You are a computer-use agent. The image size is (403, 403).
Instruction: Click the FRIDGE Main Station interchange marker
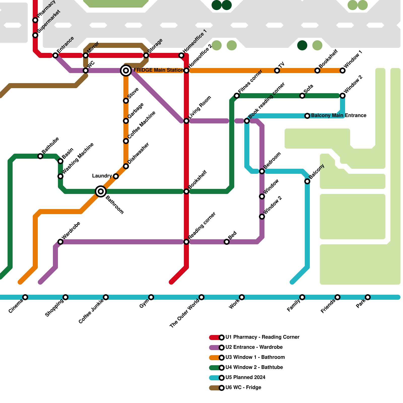(126, 71)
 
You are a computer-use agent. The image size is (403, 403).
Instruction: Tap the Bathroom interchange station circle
(101, 191)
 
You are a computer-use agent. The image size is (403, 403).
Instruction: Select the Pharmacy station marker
(35, 20)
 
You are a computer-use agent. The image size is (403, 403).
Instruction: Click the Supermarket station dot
(35, 35)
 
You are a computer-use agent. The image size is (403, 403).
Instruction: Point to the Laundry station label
(102, 176)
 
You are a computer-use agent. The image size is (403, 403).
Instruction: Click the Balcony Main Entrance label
(339, 116)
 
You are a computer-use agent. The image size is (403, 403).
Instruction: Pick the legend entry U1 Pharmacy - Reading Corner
(262, 337)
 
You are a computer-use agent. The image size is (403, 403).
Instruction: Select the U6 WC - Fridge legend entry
(243, 388)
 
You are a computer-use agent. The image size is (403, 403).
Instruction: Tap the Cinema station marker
(25, 297)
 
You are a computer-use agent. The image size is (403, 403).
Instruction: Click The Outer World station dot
(201, 297)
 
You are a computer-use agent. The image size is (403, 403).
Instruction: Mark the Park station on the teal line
(368, 297)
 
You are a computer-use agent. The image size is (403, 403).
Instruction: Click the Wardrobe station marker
(60, 242)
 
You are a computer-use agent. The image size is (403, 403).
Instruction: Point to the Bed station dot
(227, 242)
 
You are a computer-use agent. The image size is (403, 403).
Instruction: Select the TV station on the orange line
(277, 71)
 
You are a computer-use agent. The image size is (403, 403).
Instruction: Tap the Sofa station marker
(302, 96)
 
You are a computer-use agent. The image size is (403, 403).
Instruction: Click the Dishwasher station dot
(126, 166)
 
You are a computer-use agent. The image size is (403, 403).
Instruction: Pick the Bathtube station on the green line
(40, 156)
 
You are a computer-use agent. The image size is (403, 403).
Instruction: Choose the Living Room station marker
(186, 121)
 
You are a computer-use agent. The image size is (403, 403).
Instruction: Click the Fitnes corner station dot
(237, 96)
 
